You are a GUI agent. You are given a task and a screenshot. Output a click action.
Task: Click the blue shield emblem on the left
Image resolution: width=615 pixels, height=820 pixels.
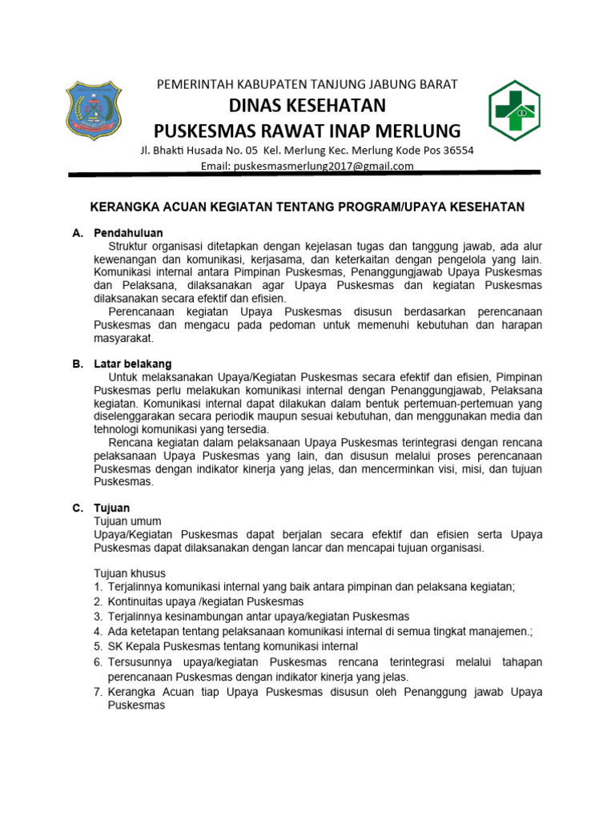[x=94, y=110]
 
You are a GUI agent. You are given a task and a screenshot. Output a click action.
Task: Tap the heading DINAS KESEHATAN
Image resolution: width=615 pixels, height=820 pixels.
[x=307, y=106]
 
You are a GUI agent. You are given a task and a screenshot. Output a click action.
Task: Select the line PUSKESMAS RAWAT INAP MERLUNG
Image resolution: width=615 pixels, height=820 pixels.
[x=307, y=131]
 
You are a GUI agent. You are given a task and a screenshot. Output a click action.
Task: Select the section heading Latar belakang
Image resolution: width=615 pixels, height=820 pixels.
[x=132, y=364]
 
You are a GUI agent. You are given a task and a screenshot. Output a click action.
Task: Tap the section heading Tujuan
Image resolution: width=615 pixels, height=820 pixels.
[x=111, y=508]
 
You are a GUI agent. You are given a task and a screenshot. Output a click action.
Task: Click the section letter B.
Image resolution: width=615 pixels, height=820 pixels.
[x=77, y=364]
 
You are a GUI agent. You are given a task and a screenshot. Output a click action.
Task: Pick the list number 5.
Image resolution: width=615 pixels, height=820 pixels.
[x=98, y=646]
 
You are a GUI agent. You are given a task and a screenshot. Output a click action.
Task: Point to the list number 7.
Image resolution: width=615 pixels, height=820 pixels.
[x=98, y=692]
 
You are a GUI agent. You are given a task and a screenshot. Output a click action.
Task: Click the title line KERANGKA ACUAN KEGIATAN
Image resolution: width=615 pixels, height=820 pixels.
[x=307, y=207]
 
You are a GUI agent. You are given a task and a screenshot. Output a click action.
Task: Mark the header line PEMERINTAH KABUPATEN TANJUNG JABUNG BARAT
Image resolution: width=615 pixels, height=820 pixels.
[x=307, y=84]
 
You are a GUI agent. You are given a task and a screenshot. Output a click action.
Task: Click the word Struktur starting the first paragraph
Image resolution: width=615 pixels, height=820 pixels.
[x=130, y=247]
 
